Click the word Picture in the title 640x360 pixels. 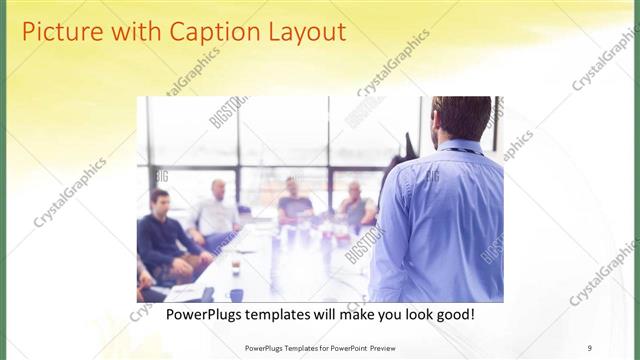(63, 32)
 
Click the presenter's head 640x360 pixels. (462, 118)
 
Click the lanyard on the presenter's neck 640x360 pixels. (462, 150)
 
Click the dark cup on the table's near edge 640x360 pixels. (236, 294)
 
